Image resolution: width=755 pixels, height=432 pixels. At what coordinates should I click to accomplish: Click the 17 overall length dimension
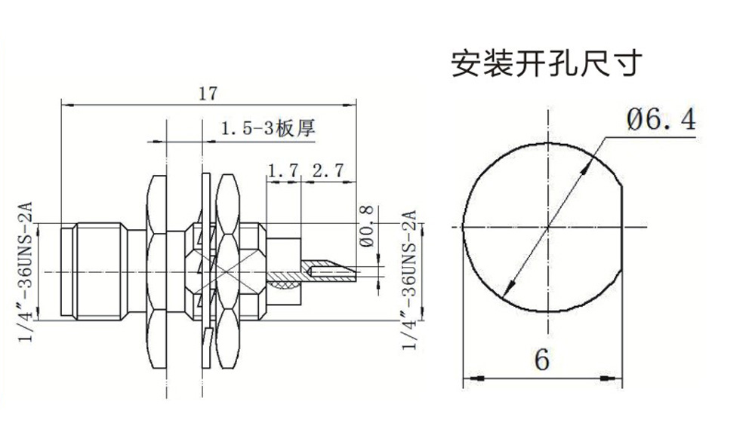[208, 93]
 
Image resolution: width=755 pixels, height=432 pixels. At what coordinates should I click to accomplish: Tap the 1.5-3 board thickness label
[267, 129]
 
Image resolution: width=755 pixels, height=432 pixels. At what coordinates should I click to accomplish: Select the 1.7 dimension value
[283, 171]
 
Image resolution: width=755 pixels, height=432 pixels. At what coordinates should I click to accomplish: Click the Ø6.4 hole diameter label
[660, 120]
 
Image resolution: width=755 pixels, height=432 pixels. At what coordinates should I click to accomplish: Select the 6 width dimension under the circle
[541, 360]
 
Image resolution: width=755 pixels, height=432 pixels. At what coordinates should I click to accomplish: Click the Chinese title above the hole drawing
[547, 64]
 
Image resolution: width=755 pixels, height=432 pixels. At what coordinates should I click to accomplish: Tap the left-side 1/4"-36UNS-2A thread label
[26, 271]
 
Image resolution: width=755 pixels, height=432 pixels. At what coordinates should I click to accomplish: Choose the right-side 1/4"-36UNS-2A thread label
[411, 280]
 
